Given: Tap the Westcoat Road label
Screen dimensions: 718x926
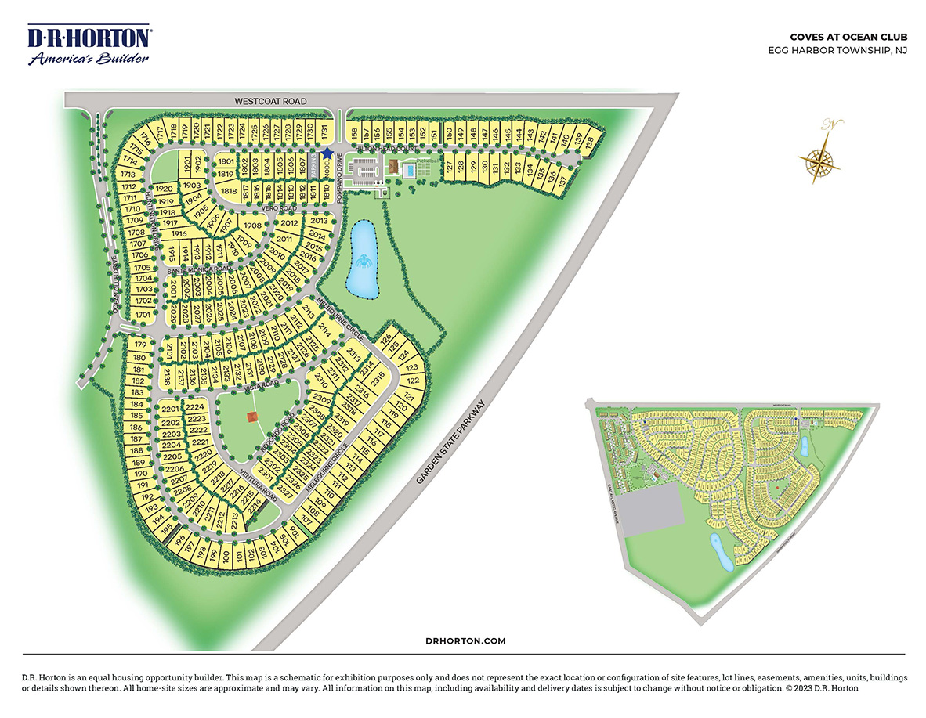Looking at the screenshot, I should [270, 102].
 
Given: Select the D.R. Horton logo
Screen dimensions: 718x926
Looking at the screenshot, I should [89, 46].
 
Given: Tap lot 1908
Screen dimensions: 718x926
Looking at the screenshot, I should [252, 226].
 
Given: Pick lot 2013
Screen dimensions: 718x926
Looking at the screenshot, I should [320, 221].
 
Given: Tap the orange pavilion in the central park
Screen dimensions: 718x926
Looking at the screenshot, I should [252, 417].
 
